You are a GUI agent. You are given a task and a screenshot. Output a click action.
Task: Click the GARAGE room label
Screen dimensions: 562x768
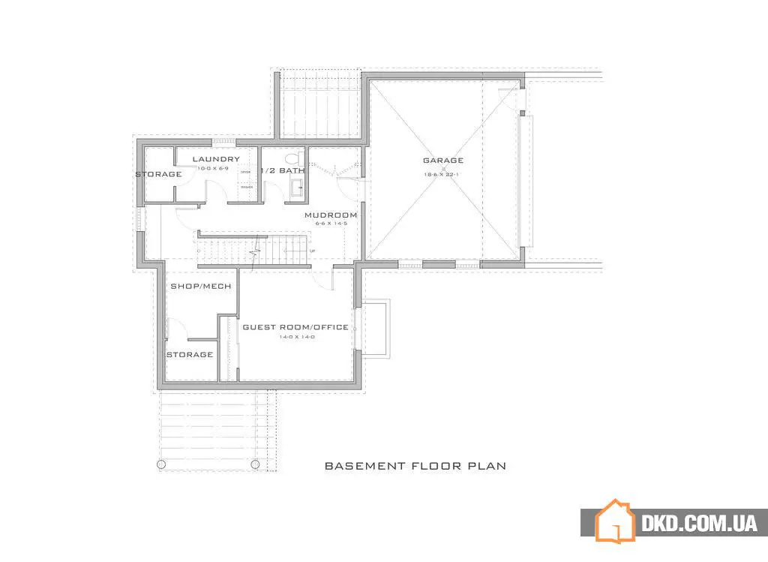[x=442, y=160]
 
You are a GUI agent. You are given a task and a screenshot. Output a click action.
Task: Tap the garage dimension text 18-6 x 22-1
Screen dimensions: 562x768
[x=442, y=173]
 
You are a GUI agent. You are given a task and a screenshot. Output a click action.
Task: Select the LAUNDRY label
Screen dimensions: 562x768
[x=216, y=159]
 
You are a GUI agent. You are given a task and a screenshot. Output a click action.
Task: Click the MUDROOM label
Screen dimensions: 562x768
[x=330, y=215]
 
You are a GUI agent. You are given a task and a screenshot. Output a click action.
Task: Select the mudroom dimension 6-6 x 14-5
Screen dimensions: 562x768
[x=330, y=224]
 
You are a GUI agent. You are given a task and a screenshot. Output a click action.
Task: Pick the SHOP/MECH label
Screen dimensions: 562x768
[x=200, y=286]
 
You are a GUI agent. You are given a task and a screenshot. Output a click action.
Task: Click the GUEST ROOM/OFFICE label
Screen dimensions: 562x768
[x=295, y=327]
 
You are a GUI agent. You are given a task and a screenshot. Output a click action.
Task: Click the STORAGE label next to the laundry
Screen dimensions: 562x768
[x=158, y=174]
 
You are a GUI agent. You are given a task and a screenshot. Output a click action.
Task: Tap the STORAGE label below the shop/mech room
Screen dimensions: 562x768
[x=189, y=354]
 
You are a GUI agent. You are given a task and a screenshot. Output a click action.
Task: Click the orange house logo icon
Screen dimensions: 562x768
[x=614, y=520]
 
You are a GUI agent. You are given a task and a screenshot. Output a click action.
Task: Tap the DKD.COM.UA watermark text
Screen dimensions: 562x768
[x=699, y=523]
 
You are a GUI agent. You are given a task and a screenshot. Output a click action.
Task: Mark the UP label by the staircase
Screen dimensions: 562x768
[x=312, y=251]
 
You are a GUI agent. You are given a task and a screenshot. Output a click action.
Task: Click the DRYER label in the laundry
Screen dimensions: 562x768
[x=244, y=172]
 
